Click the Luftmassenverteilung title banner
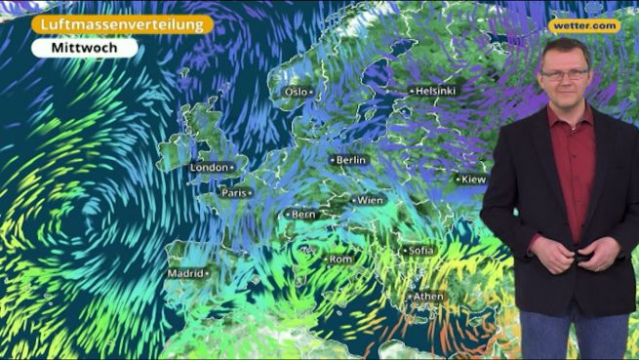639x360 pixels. [121, 23]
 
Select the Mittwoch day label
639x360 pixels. [84, 47]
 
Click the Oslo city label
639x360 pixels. [297, 92]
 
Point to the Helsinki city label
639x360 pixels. [434, 91]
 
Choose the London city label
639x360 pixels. [210, 168]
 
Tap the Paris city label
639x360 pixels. [235, 193]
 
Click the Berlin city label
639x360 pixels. [350, 159]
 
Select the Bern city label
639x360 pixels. [303, 214]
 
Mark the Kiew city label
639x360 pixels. [472, 180]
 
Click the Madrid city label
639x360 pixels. [185, 274]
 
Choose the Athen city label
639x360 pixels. [428, 297]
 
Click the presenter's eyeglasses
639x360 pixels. [564, 74]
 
